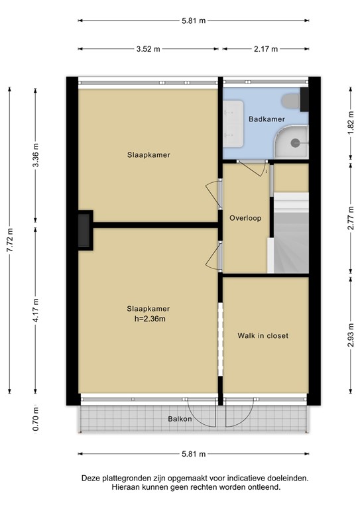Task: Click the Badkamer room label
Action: tap(267, 119)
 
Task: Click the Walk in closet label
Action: tap(263, 335)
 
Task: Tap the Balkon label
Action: tap(180, 419)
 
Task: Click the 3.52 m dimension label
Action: tap(149, 49)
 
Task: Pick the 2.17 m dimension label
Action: tap(265, 49)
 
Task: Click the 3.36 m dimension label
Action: tap(36, 156)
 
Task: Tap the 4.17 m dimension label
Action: tap(36, 308)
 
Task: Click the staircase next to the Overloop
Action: tap(292, 232)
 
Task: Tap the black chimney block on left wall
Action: tap(85, 230)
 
